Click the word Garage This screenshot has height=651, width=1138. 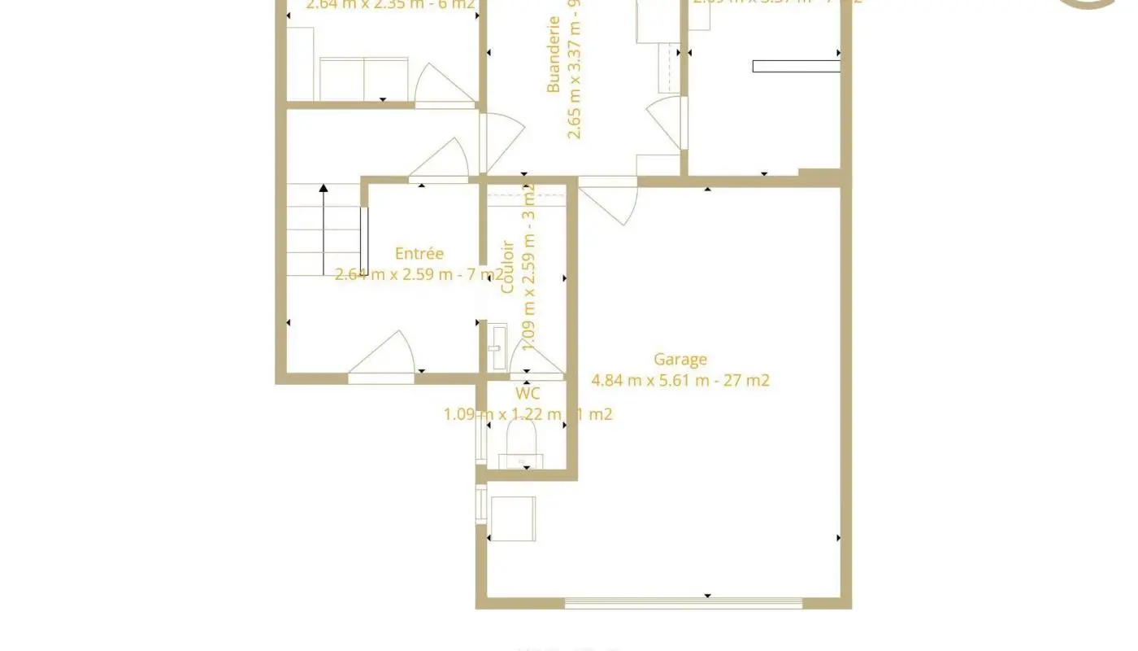(680, 359)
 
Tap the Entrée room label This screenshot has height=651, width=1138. (419, 254)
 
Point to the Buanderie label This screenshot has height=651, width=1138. (554, 55)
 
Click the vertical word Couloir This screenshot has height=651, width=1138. (508, 266)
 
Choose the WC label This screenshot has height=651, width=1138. (528, 394)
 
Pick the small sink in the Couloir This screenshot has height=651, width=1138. (497, 347)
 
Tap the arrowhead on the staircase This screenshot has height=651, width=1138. (324, 189)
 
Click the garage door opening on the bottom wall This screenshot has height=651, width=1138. (683, 603)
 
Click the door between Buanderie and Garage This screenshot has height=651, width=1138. (610, 200)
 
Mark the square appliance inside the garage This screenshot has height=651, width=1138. (513, 518)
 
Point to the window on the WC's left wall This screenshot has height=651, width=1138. (480, 436)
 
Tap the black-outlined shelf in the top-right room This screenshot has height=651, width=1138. (796, 66)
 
